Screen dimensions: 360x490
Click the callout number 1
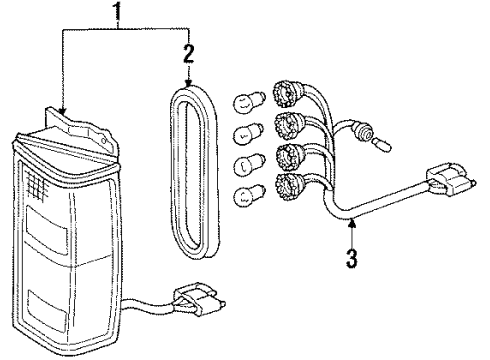(x=121, y=14)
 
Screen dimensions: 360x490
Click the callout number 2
(x=188, y=51)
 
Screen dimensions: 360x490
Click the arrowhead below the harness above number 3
(x=349, y=232)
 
